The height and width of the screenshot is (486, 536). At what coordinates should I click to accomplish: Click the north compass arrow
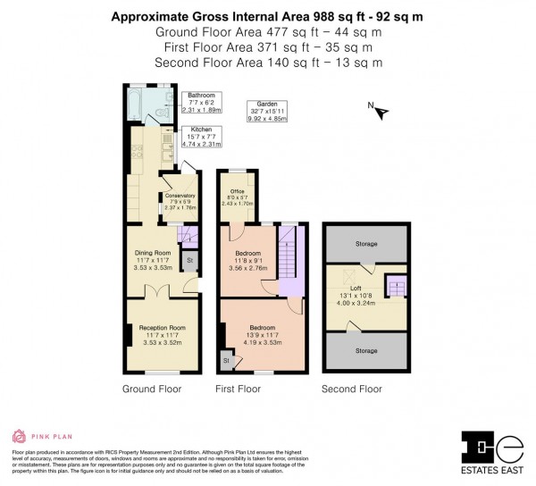coord(381,112)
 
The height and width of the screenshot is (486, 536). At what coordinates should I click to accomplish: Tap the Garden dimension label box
coord(265,111)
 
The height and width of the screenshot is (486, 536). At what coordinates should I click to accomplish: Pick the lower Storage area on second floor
coord(365,351)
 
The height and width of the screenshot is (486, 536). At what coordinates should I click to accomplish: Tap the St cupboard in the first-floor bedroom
coord(226,361)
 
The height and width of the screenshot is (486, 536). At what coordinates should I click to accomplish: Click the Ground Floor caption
coord(152,390)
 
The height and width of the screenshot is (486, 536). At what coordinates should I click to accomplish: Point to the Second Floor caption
coord(352,390)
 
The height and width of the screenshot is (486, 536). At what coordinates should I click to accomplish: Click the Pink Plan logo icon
coord(19,437)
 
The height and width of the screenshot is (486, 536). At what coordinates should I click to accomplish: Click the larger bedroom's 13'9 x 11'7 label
coord(263,334)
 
